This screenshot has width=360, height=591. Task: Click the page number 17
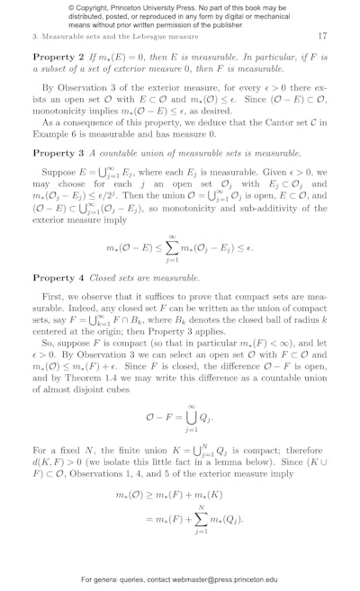point(322,36)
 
